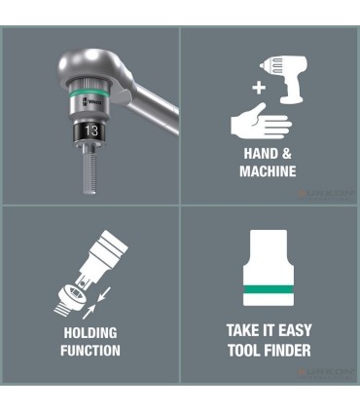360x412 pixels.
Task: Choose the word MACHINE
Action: [268, 171]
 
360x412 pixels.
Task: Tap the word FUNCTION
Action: [90, 351]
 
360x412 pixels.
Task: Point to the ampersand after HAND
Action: [284, 154]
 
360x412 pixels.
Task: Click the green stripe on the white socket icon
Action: [269, 290]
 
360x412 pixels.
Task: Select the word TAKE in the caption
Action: [238, 331]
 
